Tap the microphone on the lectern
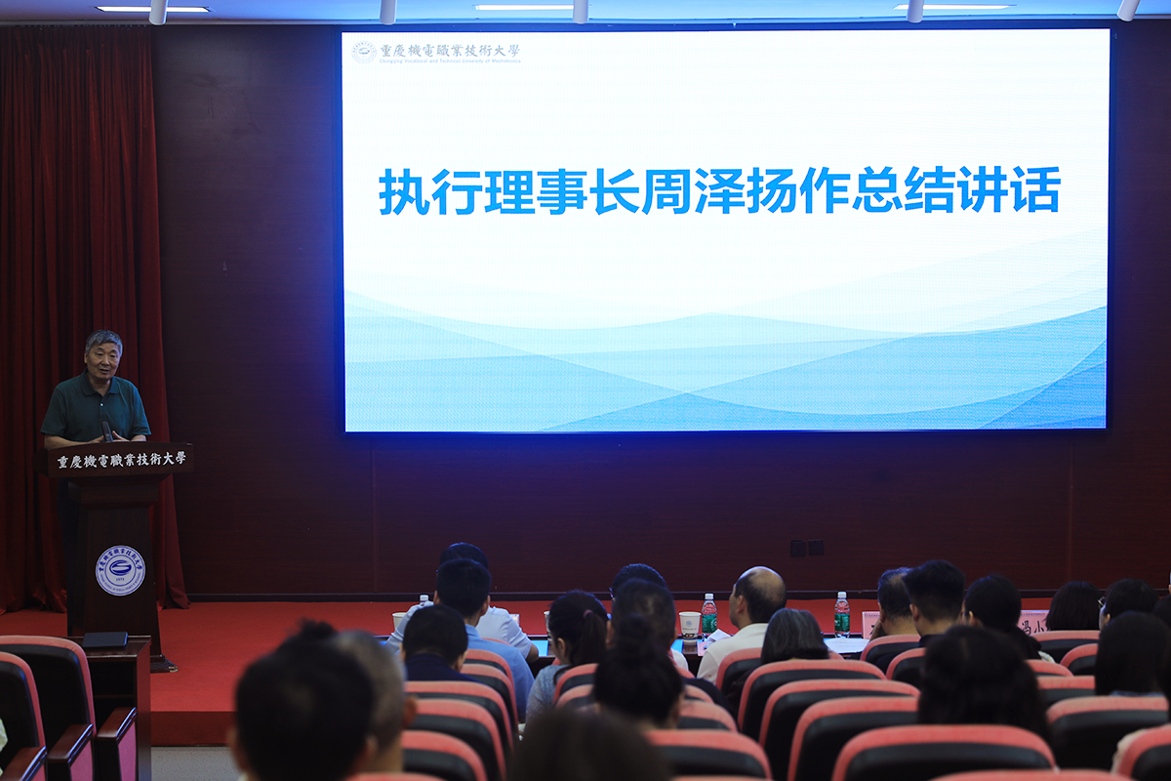(105, 427)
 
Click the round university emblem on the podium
(120, 570)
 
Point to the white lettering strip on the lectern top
(122, 460)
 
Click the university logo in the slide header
(364, 52)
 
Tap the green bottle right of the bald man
(841, 615)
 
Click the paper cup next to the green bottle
(690, 624)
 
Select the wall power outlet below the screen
(807, 548)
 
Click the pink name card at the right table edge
(1031, 621)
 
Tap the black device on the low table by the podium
(104, 639)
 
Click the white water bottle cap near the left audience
(424, 597)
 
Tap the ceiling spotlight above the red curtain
(157, 13)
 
